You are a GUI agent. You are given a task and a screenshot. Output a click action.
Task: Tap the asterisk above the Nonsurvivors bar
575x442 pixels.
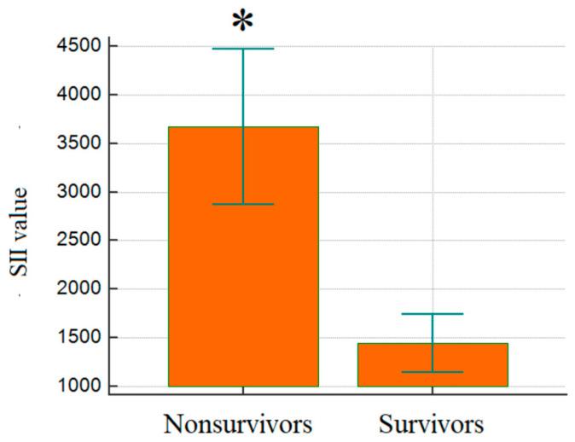[243, 19]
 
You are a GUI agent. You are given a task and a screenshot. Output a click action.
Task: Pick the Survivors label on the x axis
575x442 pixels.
[433, 423]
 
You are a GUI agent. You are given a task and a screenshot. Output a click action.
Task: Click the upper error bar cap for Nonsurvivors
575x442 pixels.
[243, 49]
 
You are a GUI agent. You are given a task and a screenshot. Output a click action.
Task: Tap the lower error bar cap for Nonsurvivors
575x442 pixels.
[243, 204]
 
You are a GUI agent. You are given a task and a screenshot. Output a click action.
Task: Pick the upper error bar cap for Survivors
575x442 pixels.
[433, 314]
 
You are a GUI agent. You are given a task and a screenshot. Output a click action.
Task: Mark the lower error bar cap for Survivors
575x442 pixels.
[433, 372]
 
